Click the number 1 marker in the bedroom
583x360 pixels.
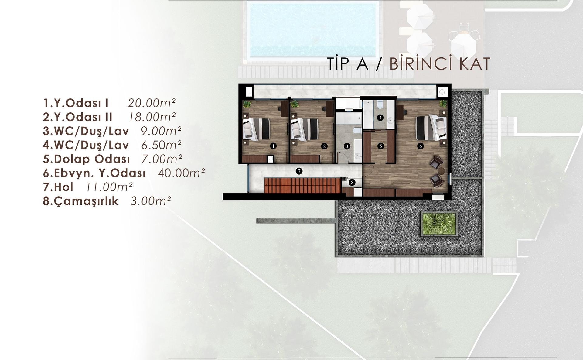[x=273, y=146]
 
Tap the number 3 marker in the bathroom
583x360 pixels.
[x=347, y=146]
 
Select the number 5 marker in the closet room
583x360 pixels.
[x=380, y=146]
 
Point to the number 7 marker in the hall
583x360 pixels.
[x=299, y=171]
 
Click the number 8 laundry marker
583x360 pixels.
[x=352, y=182]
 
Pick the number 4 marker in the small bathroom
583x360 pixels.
[x=380, y=117]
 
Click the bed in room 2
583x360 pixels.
[x=305, y=129]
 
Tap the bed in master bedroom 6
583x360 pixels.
[x=431, y=127]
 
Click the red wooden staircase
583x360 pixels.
[x=302, y=186]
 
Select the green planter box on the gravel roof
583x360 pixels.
[x=439, y=224]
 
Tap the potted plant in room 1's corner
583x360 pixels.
[x=247, y=104]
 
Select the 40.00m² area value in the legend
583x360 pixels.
[x=181, y=173]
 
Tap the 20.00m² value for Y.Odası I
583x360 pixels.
[x=152, y=103]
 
